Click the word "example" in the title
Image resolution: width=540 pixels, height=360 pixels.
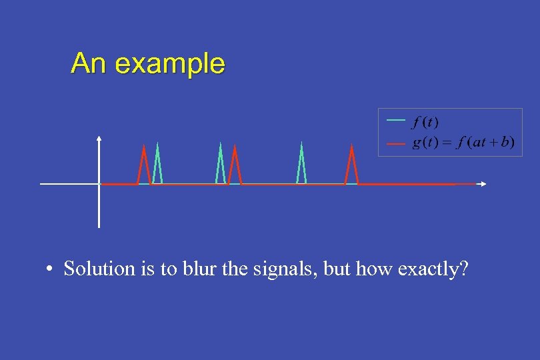click(x=170, y=64)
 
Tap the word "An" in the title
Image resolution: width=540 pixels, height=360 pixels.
click(x=90, y=63)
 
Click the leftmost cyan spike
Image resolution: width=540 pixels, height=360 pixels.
click(x=157, y=163)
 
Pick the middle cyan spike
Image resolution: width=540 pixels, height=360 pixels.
click(x=220, y=163)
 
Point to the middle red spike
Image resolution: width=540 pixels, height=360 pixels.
click(x=234, y=163)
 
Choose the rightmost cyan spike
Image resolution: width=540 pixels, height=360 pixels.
click(x=301, y=163)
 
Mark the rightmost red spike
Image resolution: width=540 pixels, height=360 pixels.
click(x=351, y=163)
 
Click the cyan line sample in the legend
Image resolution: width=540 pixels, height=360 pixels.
click(x=396, y=120)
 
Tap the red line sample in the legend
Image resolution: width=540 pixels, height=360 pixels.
click(x=396, y=143)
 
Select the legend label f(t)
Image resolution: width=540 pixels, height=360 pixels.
click(x=425, y=122)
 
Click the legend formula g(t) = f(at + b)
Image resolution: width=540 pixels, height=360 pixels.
click(x=463, y=143)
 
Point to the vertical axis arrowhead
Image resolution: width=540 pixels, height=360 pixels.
click(x=99, y=139)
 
